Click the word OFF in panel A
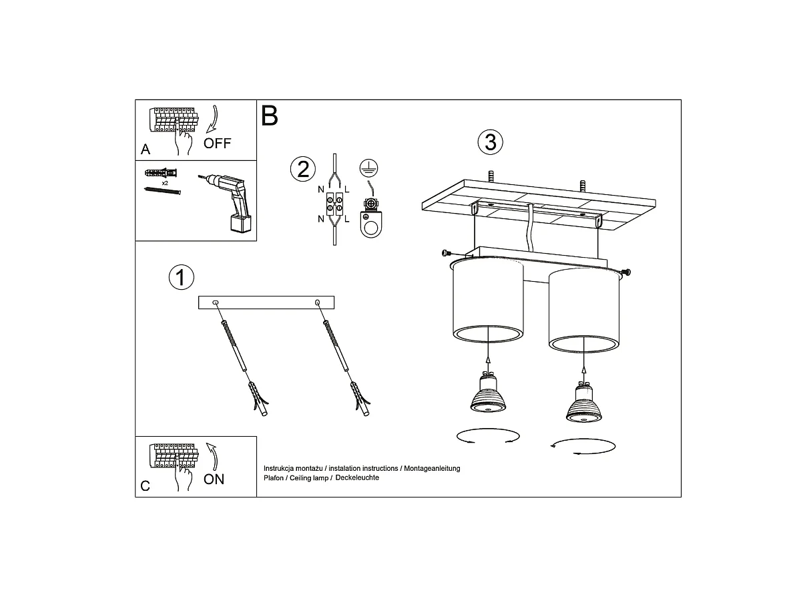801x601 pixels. pos(217,143)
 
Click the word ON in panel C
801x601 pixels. pos(214,479)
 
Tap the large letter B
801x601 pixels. pos(270,116)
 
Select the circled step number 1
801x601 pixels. pos(182,277)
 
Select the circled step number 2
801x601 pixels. pos(303,170)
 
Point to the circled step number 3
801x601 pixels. pos(490,142)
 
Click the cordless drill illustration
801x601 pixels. pos(228,202)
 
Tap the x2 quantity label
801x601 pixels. pos(165,183)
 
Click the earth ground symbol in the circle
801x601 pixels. pos(368,168)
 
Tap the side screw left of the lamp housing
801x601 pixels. pos(447,252)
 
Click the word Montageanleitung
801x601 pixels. pos(432,468)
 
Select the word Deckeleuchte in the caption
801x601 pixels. pos(357,477)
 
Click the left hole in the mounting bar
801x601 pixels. pos(216,303)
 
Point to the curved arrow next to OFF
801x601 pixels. pos(212,119)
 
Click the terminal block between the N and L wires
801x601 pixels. pos(334,204)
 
